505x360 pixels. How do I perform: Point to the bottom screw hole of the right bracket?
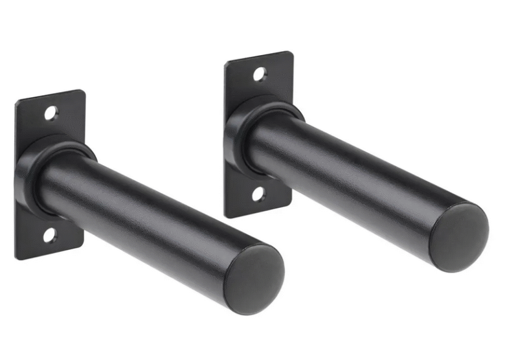[258, 194]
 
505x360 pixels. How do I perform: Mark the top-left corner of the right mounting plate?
[226, 63]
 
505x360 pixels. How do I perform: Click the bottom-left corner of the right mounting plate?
[226, 216]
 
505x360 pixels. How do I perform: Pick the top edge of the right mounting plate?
[259, 57]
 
